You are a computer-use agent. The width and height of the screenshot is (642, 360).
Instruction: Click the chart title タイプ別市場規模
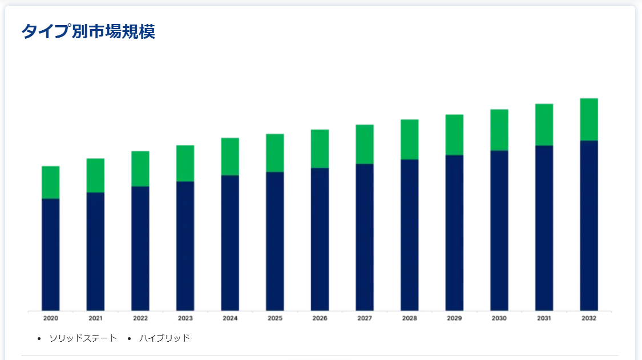88,31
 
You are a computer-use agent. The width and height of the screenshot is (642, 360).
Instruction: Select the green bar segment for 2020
51,182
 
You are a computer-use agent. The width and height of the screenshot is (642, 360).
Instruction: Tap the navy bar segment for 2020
51,254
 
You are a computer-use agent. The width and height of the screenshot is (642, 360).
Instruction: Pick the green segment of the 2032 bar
589,119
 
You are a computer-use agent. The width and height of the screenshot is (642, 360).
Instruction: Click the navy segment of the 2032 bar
589,225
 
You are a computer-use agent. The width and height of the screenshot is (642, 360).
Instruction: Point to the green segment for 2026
320,148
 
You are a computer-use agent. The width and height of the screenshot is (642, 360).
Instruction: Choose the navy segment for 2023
185,246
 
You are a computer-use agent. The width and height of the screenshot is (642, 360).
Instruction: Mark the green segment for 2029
454,135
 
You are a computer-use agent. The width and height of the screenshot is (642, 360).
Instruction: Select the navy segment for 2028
409,234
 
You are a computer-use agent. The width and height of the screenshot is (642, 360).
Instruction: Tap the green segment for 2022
140,168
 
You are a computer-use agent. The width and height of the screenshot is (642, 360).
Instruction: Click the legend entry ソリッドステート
83,338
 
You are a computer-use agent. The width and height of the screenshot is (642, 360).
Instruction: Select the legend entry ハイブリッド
164,338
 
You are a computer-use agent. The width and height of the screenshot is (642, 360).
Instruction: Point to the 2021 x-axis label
95,318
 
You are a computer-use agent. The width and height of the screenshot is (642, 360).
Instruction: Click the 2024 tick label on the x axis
230,318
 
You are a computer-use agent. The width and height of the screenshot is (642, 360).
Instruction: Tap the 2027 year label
365,318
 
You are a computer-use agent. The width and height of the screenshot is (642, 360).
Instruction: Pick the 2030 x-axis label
499,318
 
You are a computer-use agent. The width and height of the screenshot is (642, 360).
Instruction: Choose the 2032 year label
589,318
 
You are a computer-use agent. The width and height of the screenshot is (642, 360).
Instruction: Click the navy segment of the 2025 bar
275,241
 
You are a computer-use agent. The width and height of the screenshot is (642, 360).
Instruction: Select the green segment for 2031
544,124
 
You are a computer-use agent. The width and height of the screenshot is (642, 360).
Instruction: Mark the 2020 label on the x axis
51,318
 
